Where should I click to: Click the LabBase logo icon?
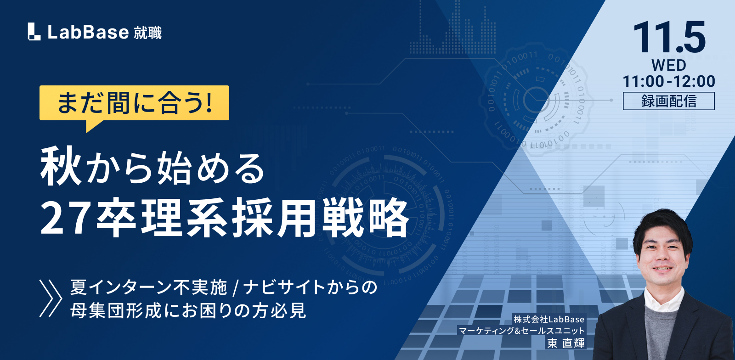[x=34, y=32]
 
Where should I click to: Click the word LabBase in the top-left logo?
[x=88, y=32]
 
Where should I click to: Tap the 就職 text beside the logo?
[x=147, y=33]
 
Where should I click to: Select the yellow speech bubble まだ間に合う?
[x=134, y=105]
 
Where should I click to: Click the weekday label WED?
[x=669, y=65]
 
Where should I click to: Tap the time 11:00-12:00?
[x=669, y=81]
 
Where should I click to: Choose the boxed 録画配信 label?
[x=669, y=101]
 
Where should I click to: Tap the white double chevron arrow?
[x=51, y=298]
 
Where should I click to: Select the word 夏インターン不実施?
[x=148, y=287]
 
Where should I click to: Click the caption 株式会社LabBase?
[x=549, y=319]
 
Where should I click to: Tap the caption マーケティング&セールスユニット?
[x=522, y=331]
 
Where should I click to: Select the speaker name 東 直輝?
[x=565, y=343]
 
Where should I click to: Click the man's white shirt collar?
[x=663, y=298]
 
